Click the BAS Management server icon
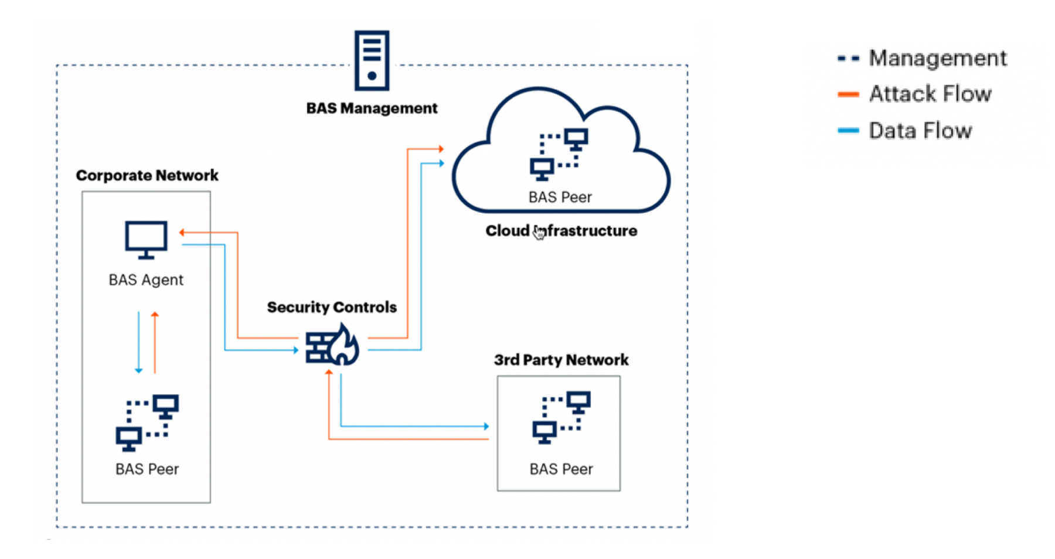[x=372, y=60]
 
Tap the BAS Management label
[x=372, y=108]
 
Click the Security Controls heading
[x=332, y=307]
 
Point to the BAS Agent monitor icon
[x=146, y=239]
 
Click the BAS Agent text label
[x=146, y=280]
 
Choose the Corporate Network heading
[x=147, y=175]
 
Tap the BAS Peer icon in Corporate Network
[x=147, y=422]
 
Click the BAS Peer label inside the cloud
[x=560, y=197]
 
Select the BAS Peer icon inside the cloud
[x=559, y=154]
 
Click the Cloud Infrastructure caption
[x=561, y=231]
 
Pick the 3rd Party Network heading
[x=561, y=360]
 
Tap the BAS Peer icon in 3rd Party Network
[x=561, y=417]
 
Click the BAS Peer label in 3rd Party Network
[x=561, y=469]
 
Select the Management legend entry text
[x=938, y=58]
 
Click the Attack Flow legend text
[x=930, y=94]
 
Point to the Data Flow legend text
[x=920, y=130]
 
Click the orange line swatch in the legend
[x=848, y=94]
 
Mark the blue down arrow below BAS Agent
[x=139, y=343]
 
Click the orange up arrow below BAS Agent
[x=155, y=343]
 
